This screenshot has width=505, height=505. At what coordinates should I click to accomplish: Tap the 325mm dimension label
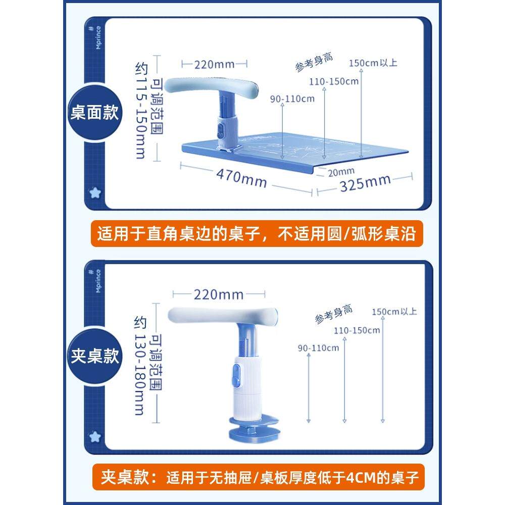(365, 182)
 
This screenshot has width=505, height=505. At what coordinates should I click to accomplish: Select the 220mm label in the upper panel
(214, 64)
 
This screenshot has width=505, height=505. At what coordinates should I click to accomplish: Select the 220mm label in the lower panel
(218, 294)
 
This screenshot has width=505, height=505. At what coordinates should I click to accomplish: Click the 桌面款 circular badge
(95, 113)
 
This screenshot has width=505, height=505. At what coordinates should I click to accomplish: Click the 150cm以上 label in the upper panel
(373, 63)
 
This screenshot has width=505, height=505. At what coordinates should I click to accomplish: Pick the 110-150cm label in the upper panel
(334, 81)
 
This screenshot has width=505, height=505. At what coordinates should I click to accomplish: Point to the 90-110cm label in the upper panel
(292, 98)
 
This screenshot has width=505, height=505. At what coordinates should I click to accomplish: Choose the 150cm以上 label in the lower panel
(394, 312)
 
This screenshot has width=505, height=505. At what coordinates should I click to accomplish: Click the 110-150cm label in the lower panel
(357, 330)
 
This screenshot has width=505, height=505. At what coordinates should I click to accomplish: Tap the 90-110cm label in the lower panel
(318, 347)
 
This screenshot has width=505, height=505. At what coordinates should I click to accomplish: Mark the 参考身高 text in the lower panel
(333, 314)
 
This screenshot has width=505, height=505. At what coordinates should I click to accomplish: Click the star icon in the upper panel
(94, 192)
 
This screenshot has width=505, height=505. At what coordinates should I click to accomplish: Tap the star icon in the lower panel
(94, 436)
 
